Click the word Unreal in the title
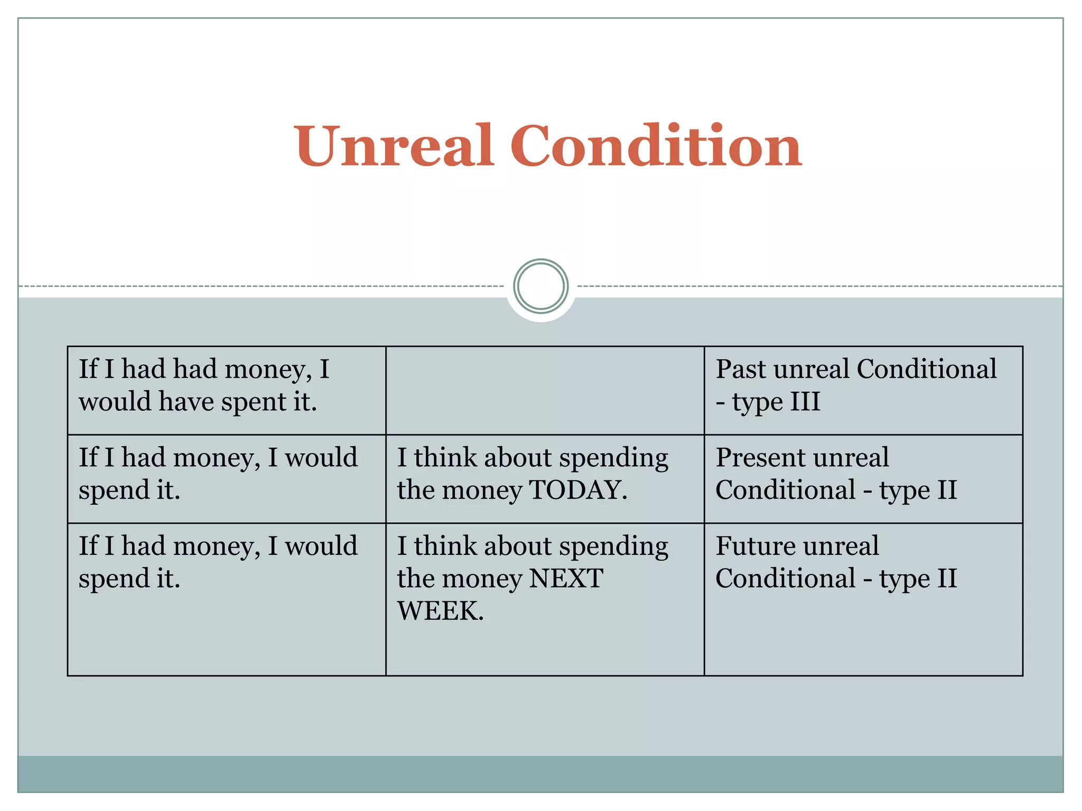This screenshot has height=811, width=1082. click(394, 145)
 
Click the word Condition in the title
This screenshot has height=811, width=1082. click(656, 145)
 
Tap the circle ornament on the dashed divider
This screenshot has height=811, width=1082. click(541, 286)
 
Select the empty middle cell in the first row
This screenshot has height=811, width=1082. click(545, 390)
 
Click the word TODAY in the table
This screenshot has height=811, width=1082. click(577, 489)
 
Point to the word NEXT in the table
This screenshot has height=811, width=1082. click(566, 578)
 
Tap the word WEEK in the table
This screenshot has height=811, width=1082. click(440, 611)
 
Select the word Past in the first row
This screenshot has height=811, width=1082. click(741, 369)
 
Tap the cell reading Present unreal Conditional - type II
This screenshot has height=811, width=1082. click(863, 478)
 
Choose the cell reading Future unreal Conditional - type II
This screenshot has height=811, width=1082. click(863, 599)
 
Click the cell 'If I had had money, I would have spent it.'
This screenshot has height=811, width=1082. click(227, 390)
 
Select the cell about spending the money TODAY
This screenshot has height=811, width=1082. click(545, 478)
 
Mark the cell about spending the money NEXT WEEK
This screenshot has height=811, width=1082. click(545, 599)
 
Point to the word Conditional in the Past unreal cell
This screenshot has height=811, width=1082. click(927, 369)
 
